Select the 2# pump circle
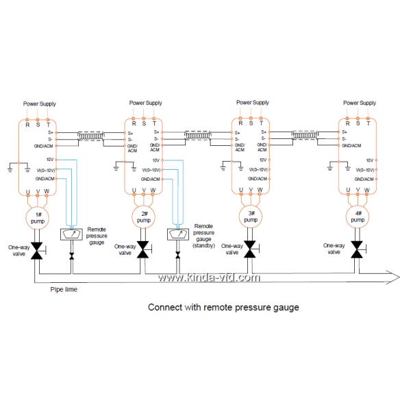(x=143, y=219)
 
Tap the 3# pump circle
(x=251, y=219)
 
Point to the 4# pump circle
(x=358, y=219)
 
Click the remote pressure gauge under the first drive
(x=72, y=235)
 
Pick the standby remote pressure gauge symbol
(x=178, y=235)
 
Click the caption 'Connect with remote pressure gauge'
(x=223, y=308)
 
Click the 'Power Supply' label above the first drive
(x=39, y=103)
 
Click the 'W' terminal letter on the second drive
(x=153, y=190)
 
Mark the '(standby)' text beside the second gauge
(x=203, y=245)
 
